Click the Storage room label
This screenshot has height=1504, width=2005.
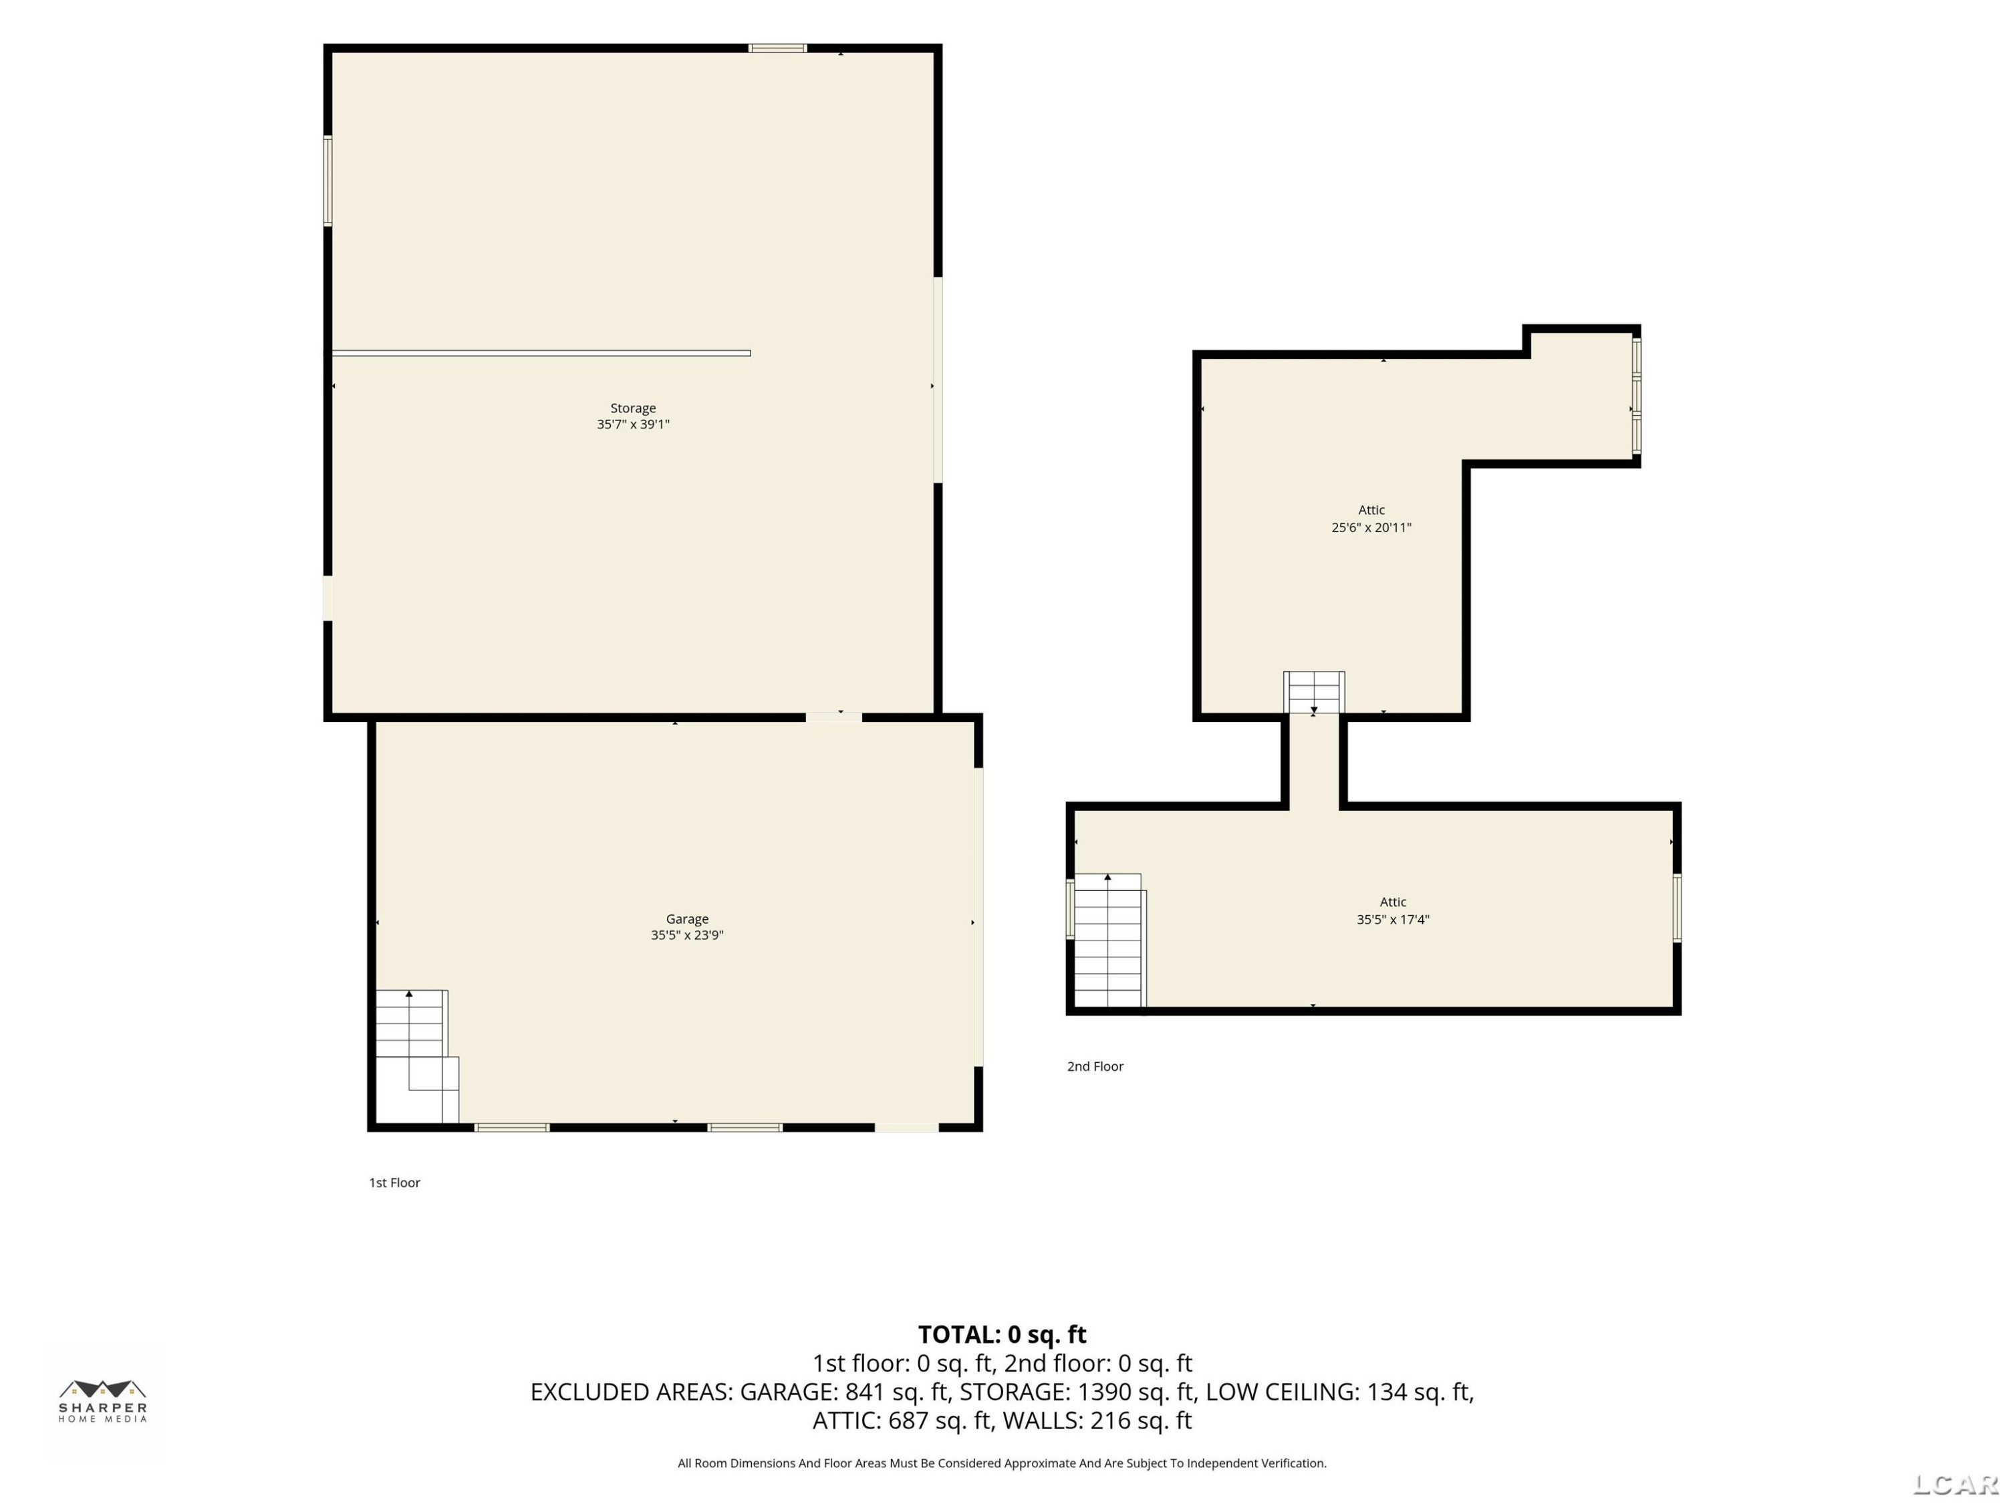pos(633,408)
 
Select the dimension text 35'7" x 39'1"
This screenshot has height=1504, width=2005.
pos(633,424)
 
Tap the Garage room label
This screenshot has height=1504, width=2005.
pos(687,919)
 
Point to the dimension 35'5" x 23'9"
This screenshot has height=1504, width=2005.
pos(687,936)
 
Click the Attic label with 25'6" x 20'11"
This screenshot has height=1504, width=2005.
pos(1371,511)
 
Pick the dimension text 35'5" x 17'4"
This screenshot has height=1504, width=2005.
pos(1393,919)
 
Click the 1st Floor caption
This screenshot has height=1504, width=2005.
pos(394,1182)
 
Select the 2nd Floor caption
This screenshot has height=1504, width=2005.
pos(1095,1066)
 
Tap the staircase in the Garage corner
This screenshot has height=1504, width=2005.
pos(417,1056)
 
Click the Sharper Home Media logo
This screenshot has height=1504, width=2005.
pos(102,1400)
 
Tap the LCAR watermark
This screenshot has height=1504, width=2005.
pos(1955,1484)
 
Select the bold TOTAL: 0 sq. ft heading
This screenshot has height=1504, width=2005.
pos(1002,1334)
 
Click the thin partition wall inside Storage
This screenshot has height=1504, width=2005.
pos(541,354)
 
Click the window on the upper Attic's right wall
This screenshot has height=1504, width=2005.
pos(1636,396)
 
